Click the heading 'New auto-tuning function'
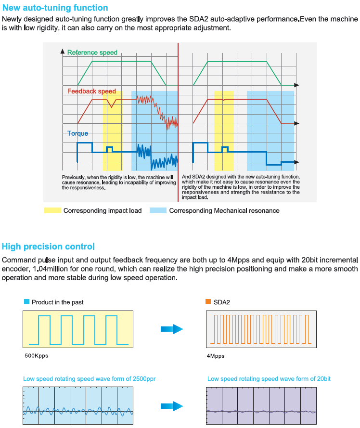click(55, 8)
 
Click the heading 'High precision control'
click(48, 246)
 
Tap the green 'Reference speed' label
click(92, 52)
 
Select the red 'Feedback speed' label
click(91, 91)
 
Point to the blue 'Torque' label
click(77, 133)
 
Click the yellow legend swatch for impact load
click(52, 210)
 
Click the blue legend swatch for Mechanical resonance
click(158, 210)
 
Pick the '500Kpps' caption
click(37, 356)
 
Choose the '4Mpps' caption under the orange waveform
click(215, 356)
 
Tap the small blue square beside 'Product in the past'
click(26, 302)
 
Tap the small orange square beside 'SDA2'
click(208, 302)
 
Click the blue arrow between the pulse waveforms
click(172, 329)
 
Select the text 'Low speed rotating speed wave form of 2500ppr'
click(89, 379)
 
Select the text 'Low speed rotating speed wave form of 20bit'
click(269, 379)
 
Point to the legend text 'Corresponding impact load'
click(103, 210)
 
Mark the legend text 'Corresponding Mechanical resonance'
click(224, 210)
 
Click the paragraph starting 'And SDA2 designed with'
click(241, 187)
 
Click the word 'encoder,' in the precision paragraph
click(15, 269)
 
